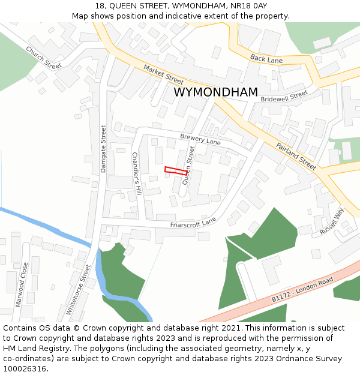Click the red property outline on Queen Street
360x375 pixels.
(x=175, y=171)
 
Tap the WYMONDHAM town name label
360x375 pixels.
(x=215, y=92)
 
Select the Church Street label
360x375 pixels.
(x=44, y=58)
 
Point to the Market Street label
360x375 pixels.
(x=164, y=75)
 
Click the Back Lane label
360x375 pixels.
(x=266, y=59)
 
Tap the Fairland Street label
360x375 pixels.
(x=296, y=155)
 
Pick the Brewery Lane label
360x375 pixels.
(x=200, y=140)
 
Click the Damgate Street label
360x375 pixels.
(x=103, y=149)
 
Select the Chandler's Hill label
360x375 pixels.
(x=136, y=173)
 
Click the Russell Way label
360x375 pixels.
(x=331, y=221)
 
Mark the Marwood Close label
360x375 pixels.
(x=22, y=284)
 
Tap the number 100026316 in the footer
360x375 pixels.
(x=26, y=368)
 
